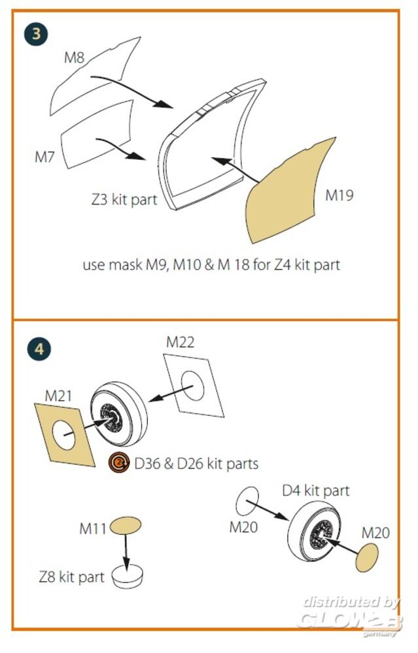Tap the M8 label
coord(74,57)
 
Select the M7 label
coord(45,157)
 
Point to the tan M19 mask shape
coord(288,189)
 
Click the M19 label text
coord(340,195)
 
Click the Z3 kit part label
coord(124,199)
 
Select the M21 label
coord(58,396)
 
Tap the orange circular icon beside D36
coord(118,464)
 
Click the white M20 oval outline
coord(247,500)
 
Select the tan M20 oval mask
coord(367,559)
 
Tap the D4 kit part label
coord(315,490)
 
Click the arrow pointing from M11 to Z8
coord(127,552)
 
